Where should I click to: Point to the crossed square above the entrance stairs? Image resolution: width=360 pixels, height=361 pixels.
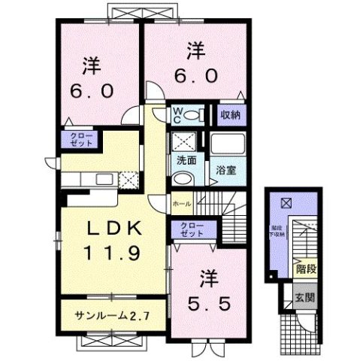[x=286, y=202]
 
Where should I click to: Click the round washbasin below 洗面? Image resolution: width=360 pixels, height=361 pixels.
[x=181, y=178]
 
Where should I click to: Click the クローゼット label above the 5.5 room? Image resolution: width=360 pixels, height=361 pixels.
[x=193, y=229]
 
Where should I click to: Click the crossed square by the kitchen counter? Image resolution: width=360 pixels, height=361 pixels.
[x=129, y=180]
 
